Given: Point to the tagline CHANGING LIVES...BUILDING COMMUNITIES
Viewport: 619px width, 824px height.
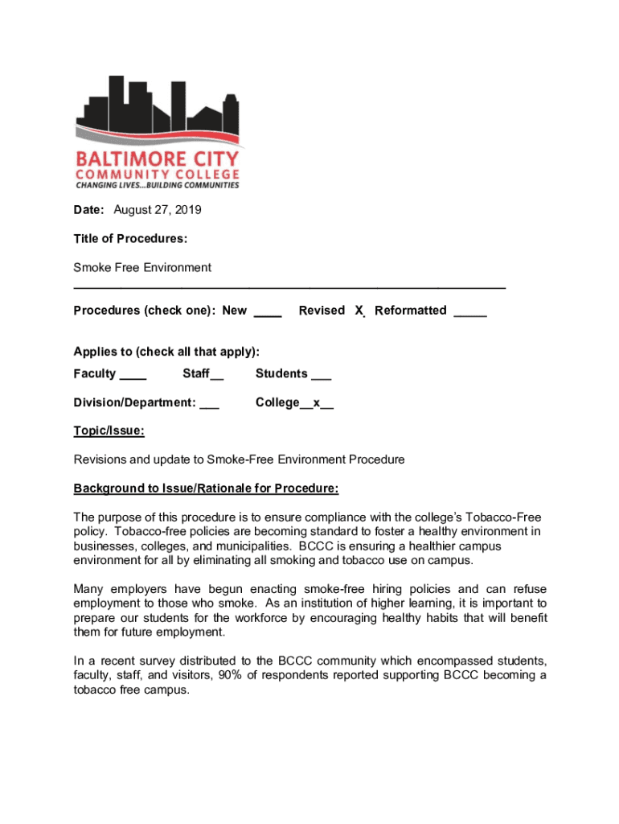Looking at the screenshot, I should [x=157, y=185].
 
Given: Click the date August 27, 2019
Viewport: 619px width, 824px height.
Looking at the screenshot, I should [x=158, y=210].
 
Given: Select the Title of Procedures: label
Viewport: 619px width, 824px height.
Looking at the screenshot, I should [x=130, y=239].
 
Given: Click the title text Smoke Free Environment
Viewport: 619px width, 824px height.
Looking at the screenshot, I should [x=142, y=267].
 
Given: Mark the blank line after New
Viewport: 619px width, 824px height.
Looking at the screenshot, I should [x=268, y=311].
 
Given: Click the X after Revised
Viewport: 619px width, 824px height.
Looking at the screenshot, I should [x=359, y=311].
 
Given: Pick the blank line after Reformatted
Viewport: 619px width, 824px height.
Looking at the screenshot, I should [x=470, y=311].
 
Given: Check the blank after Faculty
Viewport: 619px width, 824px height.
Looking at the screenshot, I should [x=133, y=375].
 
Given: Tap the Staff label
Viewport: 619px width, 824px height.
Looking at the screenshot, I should [x=195, y=373].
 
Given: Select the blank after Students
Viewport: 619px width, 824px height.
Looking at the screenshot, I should [x=321, y=375].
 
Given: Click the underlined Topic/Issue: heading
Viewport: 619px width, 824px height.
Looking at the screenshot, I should [x=109, y=431].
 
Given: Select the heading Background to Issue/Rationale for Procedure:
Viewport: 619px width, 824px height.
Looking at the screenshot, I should [x=206, y=488].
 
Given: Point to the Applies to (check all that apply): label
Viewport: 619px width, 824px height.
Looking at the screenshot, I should [x=166, y=352].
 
